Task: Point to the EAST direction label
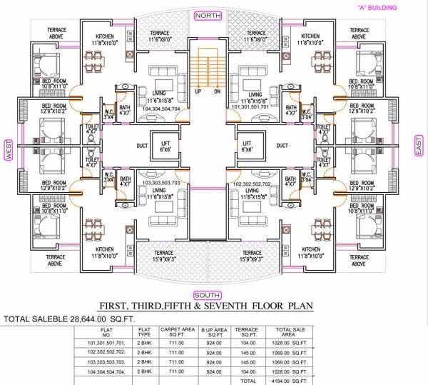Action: click(419, 147)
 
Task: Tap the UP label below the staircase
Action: click(198, 91)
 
